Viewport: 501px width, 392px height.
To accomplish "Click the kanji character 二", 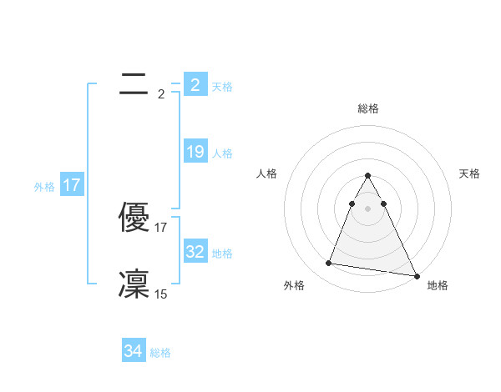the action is tap(134, 83).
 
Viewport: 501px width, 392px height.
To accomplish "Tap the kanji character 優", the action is tap(134, 219).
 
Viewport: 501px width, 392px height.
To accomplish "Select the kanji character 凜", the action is tap(134, 284).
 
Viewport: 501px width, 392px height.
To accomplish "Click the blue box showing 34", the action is tap(134, 351).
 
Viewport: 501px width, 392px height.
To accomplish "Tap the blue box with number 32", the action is tap(195, 251).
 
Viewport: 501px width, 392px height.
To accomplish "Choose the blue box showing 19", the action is tap(195, 152).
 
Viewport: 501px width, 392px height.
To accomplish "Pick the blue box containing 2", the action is tap(195, 84).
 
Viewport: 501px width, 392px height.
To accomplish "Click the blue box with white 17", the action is tap(72, 185).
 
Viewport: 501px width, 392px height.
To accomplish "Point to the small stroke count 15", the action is tap(161, 294).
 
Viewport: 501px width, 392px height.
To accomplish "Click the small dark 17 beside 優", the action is tap(161, 227).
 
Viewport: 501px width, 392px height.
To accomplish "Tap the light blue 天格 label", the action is tap(222, 86).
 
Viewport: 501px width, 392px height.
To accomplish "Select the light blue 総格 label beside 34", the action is tap(160, 353).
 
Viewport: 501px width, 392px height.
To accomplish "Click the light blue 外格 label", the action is tap(44, 187).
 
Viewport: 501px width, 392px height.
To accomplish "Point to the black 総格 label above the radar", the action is tap(368, 108).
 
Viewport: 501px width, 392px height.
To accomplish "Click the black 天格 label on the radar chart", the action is tap(470, 173).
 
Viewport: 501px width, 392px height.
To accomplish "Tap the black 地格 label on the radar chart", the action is tap(438, 285).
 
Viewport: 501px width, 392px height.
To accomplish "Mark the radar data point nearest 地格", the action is tap(417, 276).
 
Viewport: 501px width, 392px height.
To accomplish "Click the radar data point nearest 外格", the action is tap(329, 264).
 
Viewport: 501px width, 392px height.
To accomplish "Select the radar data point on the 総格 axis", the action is tap(368, 176).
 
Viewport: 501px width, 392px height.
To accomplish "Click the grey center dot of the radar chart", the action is tap(368, 209).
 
